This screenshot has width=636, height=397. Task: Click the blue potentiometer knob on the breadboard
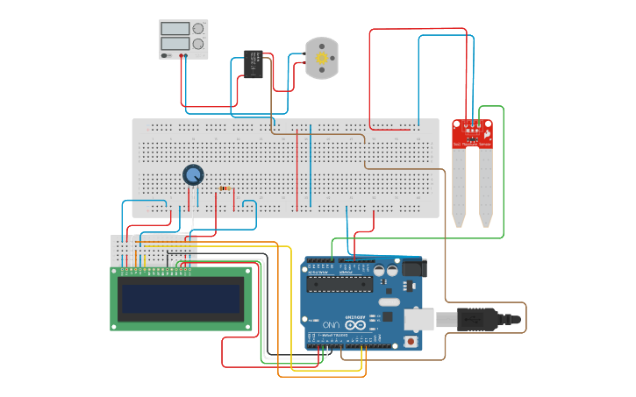pyautogui.click(x=193, y=174)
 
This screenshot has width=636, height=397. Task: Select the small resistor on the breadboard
pyautogui.click(x=225, y=188)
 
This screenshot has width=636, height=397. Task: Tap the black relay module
pyautogui.click(x=254, y=63)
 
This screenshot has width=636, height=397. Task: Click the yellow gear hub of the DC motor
pyautogui.click(x=321, y=58)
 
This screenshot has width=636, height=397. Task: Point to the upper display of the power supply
pyautogui.click(x=175, y=28)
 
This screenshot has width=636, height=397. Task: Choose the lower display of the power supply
pyautogui.click(x=175, y=43)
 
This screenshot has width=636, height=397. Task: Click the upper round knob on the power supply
pyautogui.click(x=198, y=28)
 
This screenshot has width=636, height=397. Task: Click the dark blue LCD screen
pyautogui.click(x=181, y=300)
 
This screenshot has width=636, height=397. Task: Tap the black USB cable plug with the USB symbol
pyautogui.click(x=478, y=320)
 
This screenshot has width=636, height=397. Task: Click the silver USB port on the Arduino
pyautogui.click(x=418, y=319)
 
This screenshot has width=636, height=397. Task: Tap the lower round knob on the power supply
pyautogui.click(x=198, y=43)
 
